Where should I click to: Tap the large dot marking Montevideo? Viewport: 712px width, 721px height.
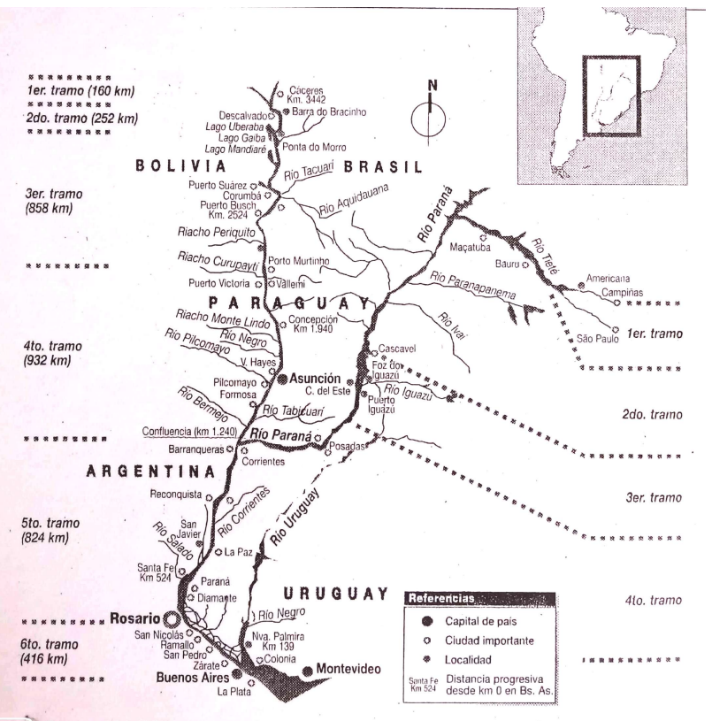(308, 671)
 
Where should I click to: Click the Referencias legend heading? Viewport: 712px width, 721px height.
(440, 599)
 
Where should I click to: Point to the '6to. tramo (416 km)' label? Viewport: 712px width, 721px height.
(54, 652)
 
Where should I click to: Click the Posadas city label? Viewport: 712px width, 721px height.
(349, 446)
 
